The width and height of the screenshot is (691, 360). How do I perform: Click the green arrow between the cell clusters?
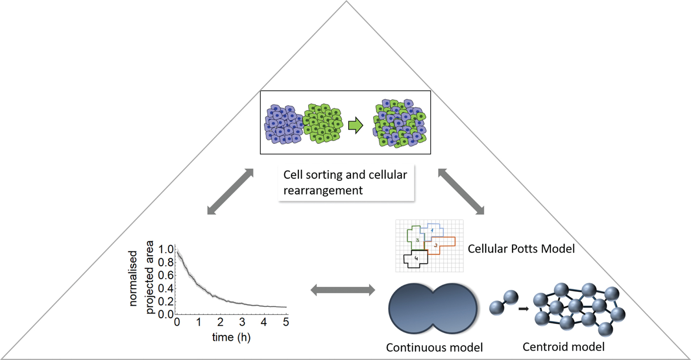click(x=355, y=126)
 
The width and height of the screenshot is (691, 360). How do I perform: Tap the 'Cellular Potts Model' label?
click(x=521, y=249)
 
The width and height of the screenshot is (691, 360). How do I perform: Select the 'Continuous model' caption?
click(x=434, y=347)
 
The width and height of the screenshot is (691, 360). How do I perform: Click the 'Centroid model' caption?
click(x=563, y=347)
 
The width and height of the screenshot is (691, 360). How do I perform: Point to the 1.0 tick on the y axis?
click(x=166, y=249)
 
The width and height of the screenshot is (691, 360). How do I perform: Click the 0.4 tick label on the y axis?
click(x=166, y=288)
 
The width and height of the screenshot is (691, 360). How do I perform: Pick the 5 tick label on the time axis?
click(x=286, y=322)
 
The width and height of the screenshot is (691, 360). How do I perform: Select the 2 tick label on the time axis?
click(x=220, y=322)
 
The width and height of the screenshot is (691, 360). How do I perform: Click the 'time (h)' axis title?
click(x=231, y=337)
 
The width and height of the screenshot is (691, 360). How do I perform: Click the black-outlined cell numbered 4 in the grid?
click(x=416, y=259)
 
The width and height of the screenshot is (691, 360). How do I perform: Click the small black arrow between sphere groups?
click(x=524, y=309)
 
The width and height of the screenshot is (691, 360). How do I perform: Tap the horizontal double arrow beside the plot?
click(x=343, y=291)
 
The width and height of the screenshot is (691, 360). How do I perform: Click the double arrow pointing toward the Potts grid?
click(x=461, y=192)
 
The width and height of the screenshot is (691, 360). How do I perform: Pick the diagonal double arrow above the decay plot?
click(x=230, y=192)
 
